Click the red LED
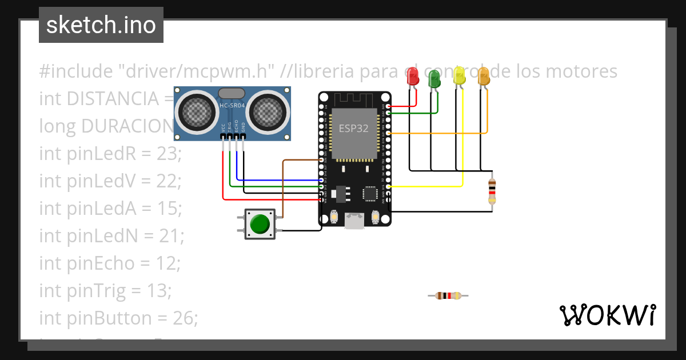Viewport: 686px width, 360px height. [412, 77]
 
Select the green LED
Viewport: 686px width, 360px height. [434, 78]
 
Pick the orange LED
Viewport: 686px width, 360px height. [484, 77]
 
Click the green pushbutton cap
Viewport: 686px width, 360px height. [260, 224]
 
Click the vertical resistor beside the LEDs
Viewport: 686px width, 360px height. [492, 190]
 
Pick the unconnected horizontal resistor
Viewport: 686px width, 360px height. [448, 295]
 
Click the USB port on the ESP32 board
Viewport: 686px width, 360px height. [354, 221]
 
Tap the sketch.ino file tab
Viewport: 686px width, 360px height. [101, 25]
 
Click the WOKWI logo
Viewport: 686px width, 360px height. [607, 315]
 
